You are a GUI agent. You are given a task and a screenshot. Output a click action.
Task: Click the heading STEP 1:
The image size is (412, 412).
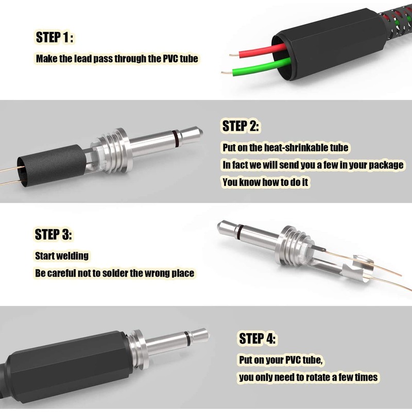pyautogui.click(x=55, y=37)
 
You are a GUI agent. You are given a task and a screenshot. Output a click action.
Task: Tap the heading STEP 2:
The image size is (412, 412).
pyautogui.click(x=241, y=126)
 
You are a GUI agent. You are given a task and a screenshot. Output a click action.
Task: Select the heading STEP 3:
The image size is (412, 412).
pyautogui.click(x=54, y=234)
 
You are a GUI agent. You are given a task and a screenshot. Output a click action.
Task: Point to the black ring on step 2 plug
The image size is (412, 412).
pyautogui.click(x=176, y=138)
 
